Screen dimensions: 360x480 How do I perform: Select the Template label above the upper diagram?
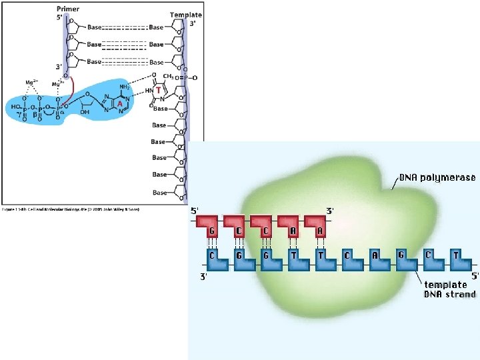(185, 15)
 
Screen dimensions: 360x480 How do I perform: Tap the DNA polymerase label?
(437, 178)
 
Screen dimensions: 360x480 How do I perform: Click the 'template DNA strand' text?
(450, 289)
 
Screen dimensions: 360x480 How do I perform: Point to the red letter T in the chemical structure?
(158, 90)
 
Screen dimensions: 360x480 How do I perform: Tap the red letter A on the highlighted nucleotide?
(119, 103)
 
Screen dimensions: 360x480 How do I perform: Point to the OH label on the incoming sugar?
(84, 113)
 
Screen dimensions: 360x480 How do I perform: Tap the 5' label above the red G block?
(195, 211)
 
